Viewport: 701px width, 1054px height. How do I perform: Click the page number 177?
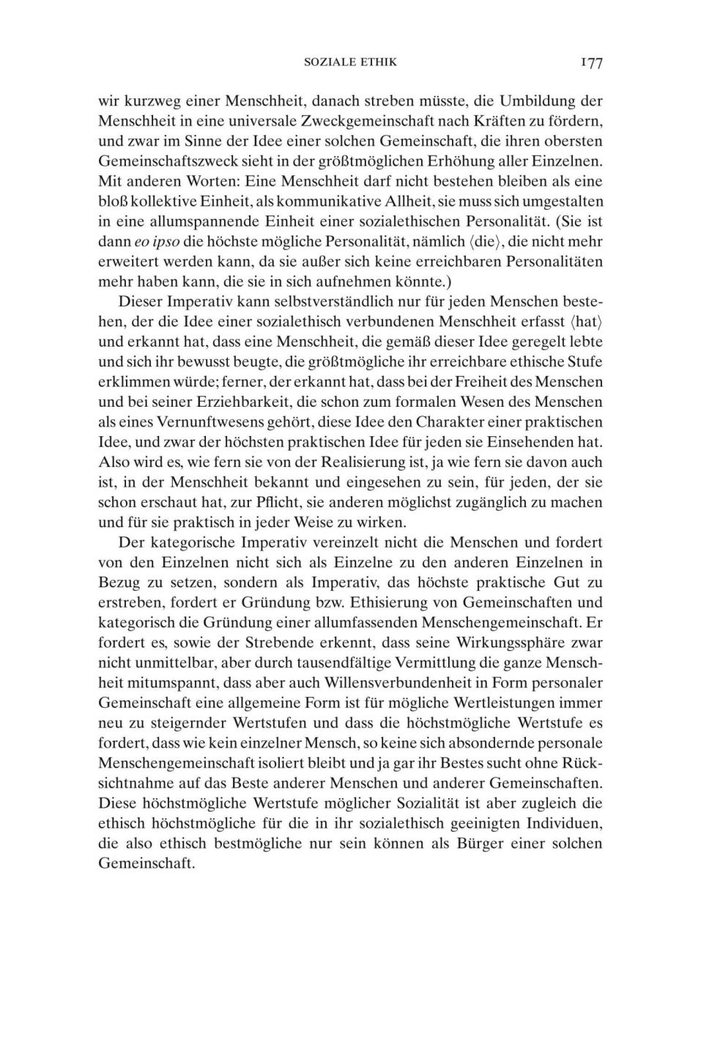pos(591,63)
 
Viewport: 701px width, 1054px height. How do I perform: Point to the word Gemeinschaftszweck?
pos(167,161)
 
